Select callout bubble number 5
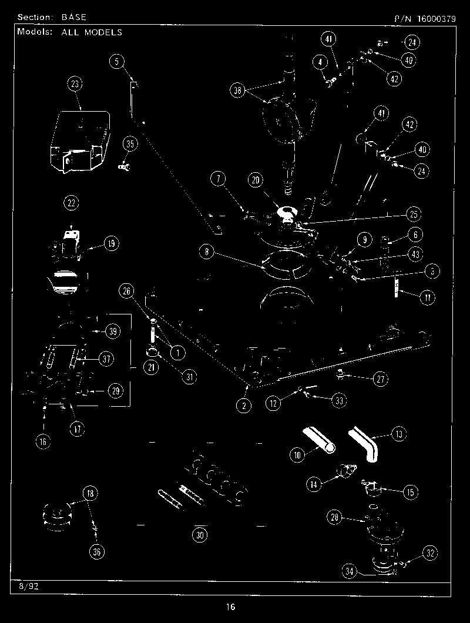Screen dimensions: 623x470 coord(117,61)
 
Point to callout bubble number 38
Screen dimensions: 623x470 coord(237,91)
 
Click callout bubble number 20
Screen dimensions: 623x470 coord(255,182)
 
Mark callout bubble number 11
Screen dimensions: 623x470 coord(427,297)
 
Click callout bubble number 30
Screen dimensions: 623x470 coord(201,535)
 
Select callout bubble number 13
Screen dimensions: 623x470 coord(399,434)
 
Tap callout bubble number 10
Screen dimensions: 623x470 coord(297,454)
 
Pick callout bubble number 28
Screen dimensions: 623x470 coord(334,517)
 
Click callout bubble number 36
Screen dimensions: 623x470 coord(97,551)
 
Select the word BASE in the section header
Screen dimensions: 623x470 coord(74,18)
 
